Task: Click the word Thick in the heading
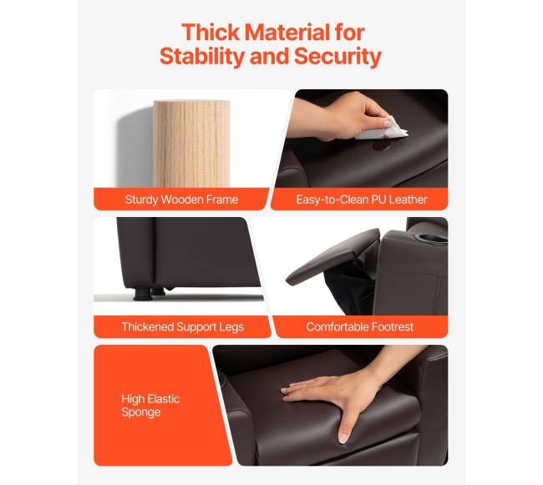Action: point(211,33)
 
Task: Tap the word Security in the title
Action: point(337,56)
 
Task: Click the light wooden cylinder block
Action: point(191,144)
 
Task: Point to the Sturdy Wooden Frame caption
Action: point(181,200)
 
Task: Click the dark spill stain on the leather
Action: point(381,147)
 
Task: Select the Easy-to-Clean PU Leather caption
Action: point(362,200)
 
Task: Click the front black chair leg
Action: point(143,293)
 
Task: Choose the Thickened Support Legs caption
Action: point(182,327)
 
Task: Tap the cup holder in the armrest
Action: point(431,238)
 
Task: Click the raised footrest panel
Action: point(332,256)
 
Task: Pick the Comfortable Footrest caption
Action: point(359,327)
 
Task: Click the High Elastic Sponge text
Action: point(150,406)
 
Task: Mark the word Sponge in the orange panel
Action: point(141,412)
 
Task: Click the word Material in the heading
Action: point(287,33)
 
